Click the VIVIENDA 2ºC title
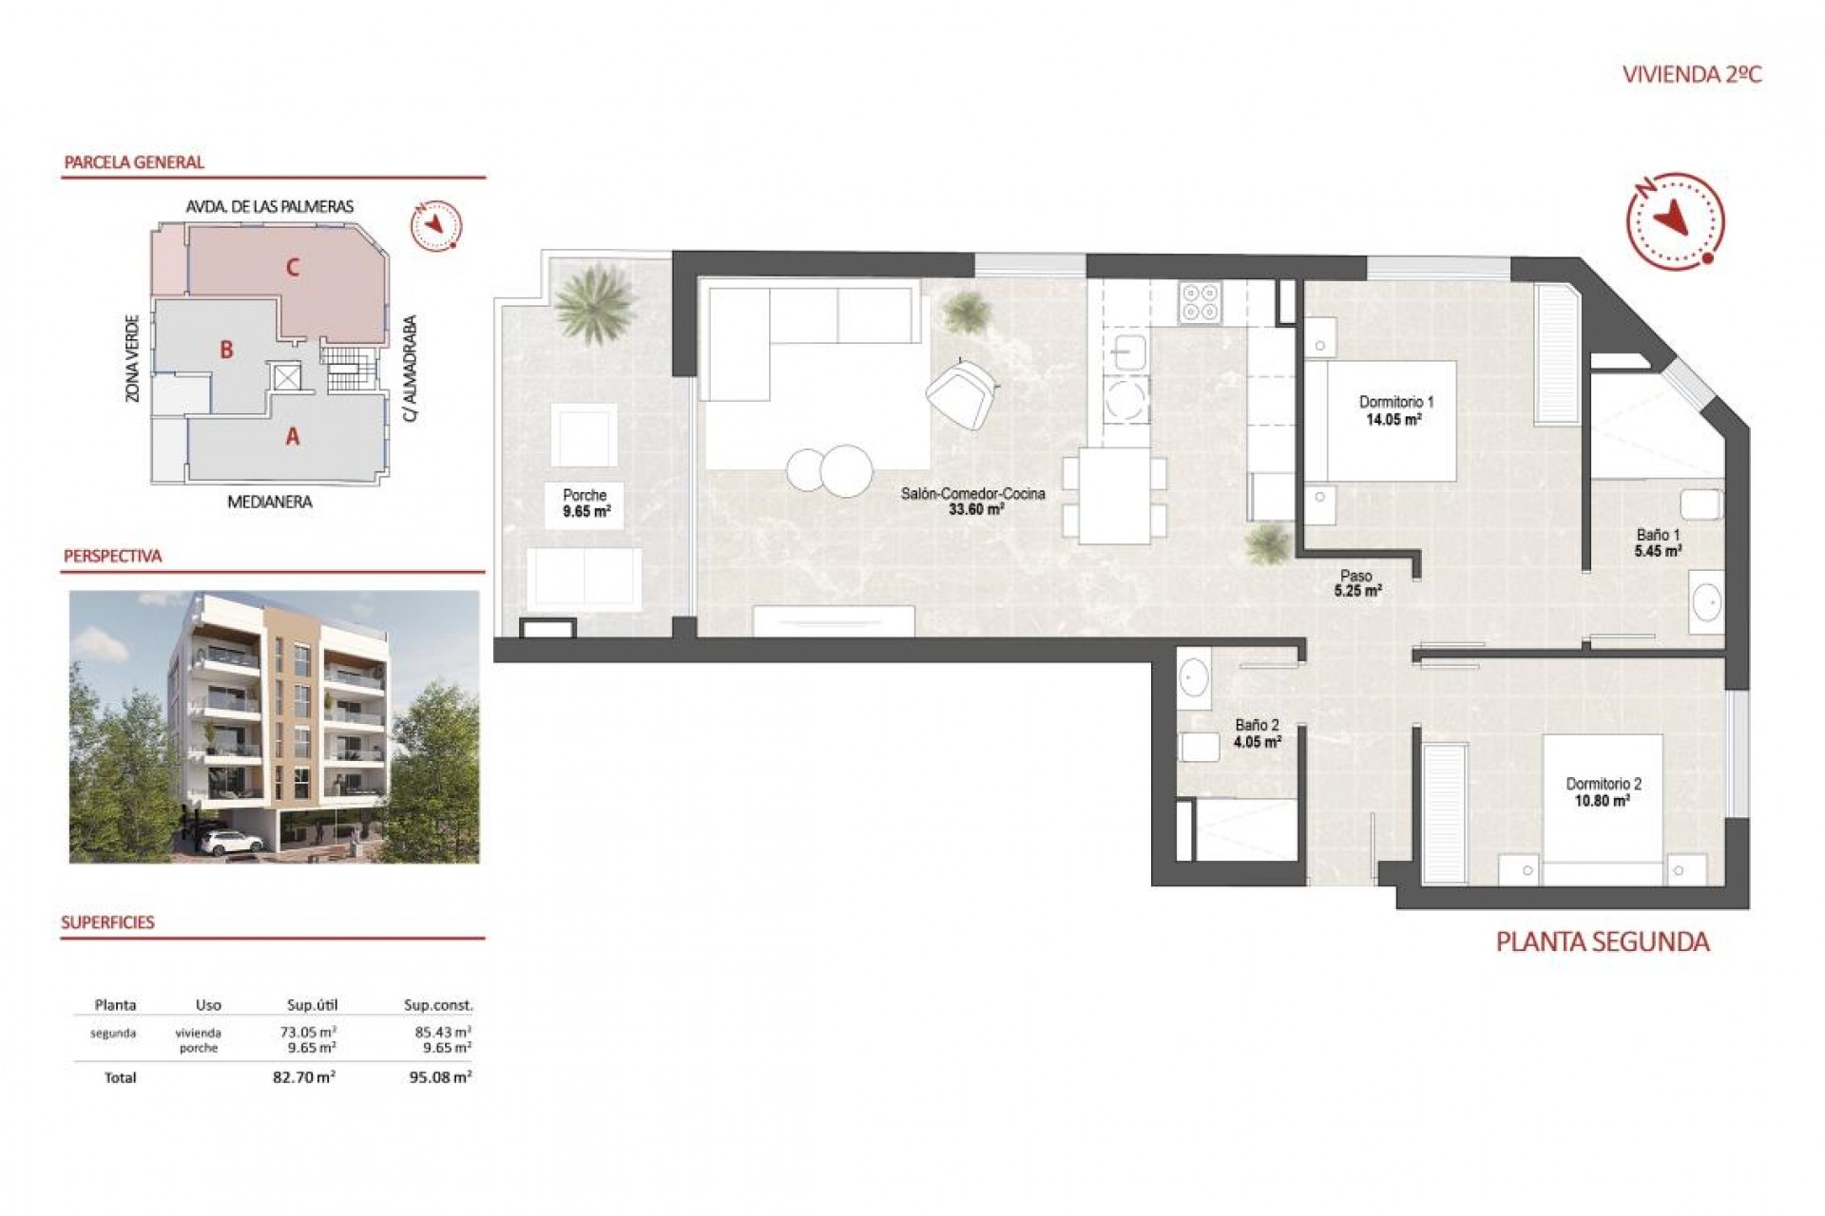point(1691,74)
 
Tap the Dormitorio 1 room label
point(1395,402)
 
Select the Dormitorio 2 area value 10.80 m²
point(1602,801)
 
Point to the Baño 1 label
point(1658,535)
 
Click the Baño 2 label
point(1257,725)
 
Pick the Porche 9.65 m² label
point(586,503)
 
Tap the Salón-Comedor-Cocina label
point(972,494)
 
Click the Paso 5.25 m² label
point(1356,582)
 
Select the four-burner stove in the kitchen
point(1200,302)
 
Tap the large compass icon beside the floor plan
point(1675,221)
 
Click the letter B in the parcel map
point(226,350)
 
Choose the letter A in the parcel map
point(293,436)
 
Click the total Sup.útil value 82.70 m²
point(303,1077)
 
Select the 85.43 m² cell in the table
point(442,1032)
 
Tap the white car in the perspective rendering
point(232,842)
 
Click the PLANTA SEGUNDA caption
point(1603,941)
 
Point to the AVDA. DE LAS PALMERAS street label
point(270,206)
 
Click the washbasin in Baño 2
point(1194,678)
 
